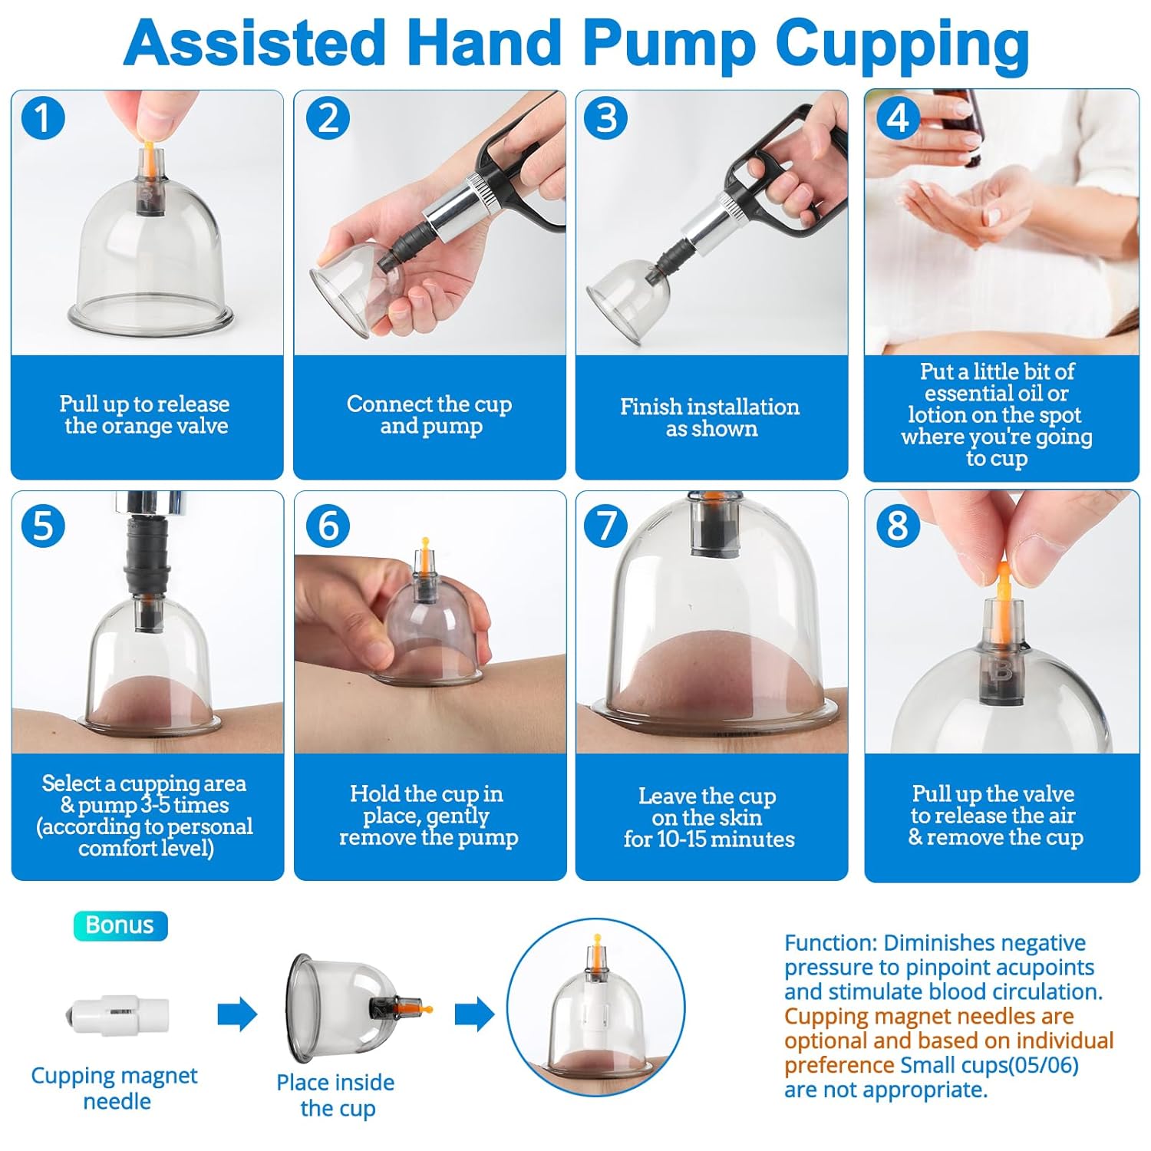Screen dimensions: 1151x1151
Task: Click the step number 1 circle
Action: tap(43, 118)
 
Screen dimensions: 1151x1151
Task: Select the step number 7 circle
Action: tap(606, 526)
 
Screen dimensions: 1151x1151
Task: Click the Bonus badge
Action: tap(120, 925)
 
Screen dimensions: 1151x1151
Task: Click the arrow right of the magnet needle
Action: tap(237, 1015)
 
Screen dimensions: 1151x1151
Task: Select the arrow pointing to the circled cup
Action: tap(474, 1015)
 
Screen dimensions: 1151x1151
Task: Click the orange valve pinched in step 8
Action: tap(1002, 583)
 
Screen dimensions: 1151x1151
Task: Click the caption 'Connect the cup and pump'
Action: tap(430, 415)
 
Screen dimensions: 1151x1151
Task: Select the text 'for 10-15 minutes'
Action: tap(709, 839)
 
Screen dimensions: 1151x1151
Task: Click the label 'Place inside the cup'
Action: tap(336, 1095)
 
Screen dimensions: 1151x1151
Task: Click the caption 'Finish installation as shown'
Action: tap(711, 417)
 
